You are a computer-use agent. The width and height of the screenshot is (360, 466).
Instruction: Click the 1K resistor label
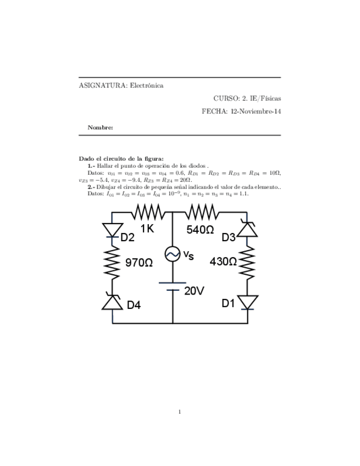coord(147,229)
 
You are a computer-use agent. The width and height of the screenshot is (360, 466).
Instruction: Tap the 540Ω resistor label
coord(200,230)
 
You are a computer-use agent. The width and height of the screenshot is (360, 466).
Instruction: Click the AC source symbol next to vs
coord(173,254)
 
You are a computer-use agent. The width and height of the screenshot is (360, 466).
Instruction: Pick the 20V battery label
coord(193,291)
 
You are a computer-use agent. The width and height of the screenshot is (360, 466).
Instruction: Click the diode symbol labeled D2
coord(112,230)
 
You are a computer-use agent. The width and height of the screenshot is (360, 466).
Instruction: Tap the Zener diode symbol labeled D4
coord(112,302)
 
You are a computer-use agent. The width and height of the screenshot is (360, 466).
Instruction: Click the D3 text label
coord(229,237)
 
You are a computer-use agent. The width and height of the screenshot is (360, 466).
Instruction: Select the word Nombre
coord(100,127)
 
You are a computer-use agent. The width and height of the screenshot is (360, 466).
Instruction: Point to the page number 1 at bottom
coord(180,411)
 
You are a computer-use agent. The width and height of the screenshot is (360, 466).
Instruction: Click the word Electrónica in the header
coord(147,85)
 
